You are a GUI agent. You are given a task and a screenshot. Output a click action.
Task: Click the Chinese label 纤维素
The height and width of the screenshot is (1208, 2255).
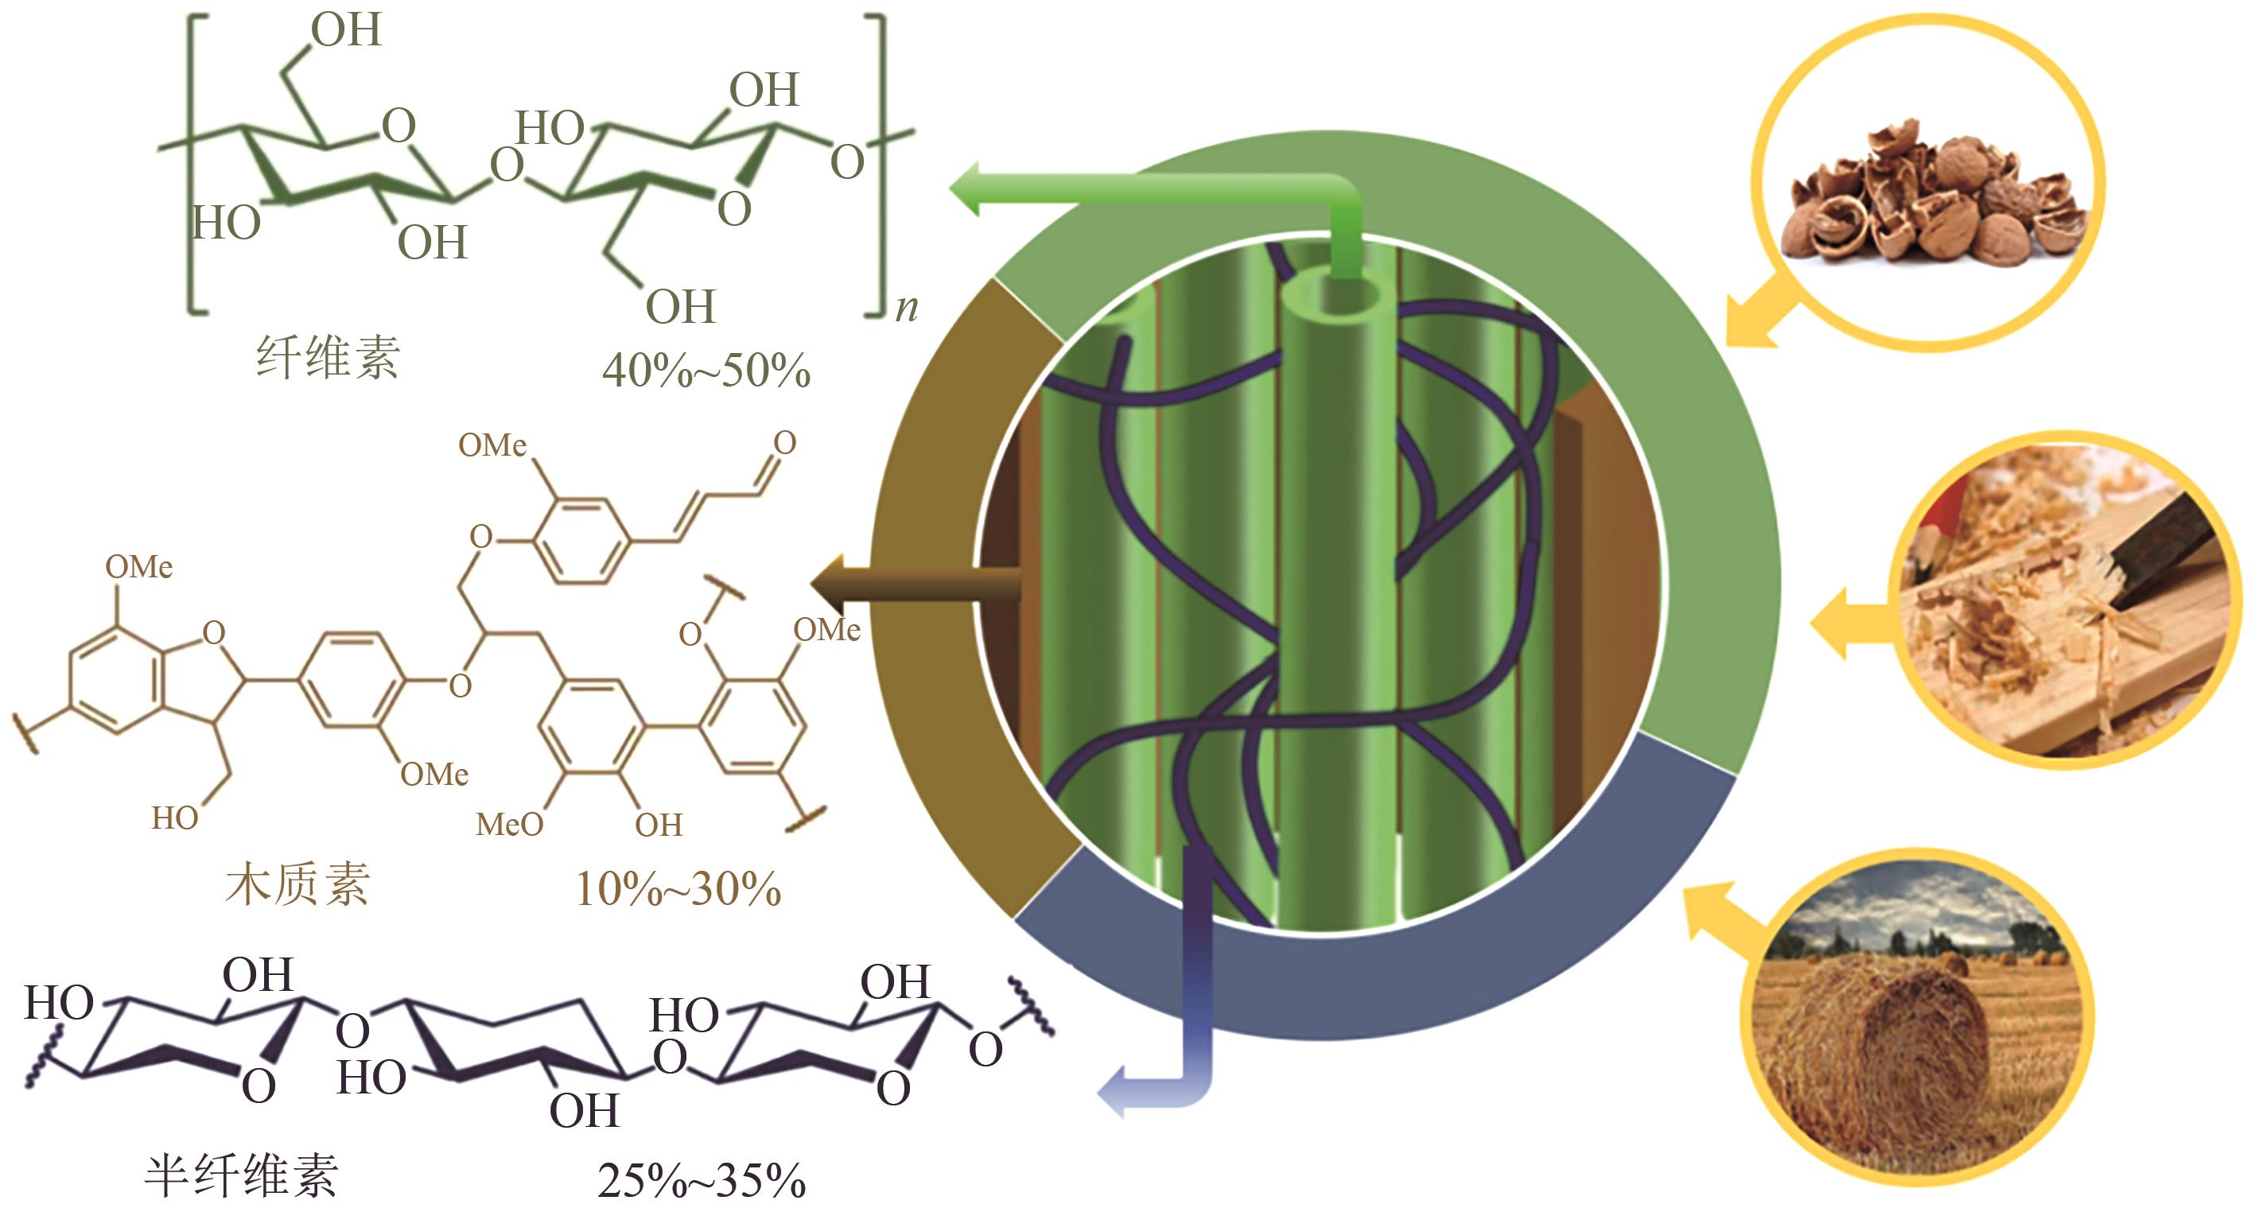click(x=328, y=357)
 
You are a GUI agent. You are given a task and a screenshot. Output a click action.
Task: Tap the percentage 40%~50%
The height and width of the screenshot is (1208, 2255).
click(x=706, y=371)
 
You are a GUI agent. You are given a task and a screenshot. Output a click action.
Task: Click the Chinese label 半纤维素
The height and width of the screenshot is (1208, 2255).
click(x=241, y=1175)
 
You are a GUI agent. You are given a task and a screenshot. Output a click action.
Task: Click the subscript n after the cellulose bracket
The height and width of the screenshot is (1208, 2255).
click(x=907, y=308)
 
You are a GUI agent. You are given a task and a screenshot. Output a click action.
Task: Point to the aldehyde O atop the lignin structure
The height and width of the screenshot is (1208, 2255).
click(x=784, y=443)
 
